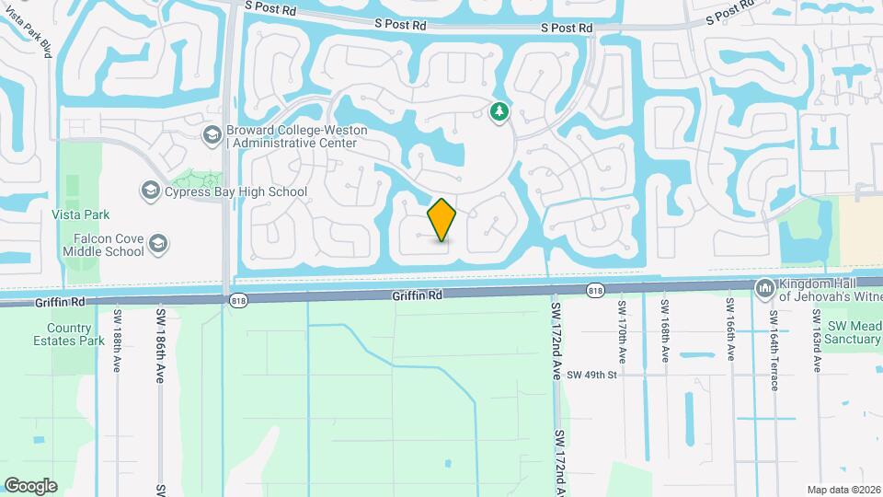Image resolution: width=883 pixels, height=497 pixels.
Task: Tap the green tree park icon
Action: click(x=499, y=112)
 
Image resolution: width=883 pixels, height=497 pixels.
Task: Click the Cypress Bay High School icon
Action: click(x=149, y=191)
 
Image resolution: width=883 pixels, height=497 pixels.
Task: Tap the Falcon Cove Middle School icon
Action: click(x=158, y=244)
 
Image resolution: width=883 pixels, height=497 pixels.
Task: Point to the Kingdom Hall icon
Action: click(x=765, y=289)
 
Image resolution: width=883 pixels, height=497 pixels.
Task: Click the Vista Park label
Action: click(x=81, y=214)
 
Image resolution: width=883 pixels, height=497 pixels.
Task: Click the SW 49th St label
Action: click(x=591, y=375)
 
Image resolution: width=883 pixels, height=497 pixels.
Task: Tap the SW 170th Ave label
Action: click(x=623, y=330)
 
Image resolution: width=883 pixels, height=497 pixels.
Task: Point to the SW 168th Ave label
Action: click(x=663, y=330)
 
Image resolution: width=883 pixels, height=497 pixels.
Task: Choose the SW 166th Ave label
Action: click(x=729, y=330)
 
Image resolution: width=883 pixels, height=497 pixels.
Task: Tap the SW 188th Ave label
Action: click(x=118, y=341)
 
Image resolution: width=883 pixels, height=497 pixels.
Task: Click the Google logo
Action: click(x=30, y=485)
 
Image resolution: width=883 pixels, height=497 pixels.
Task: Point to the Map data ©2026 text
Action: click(x=842, y=490)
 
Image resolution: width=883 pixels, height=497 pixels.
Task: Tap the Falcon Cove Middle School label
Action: click(x=109, y=245)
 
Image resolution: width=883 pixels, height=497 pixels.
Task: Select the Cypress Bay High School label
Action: click(x=235, y=191)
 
